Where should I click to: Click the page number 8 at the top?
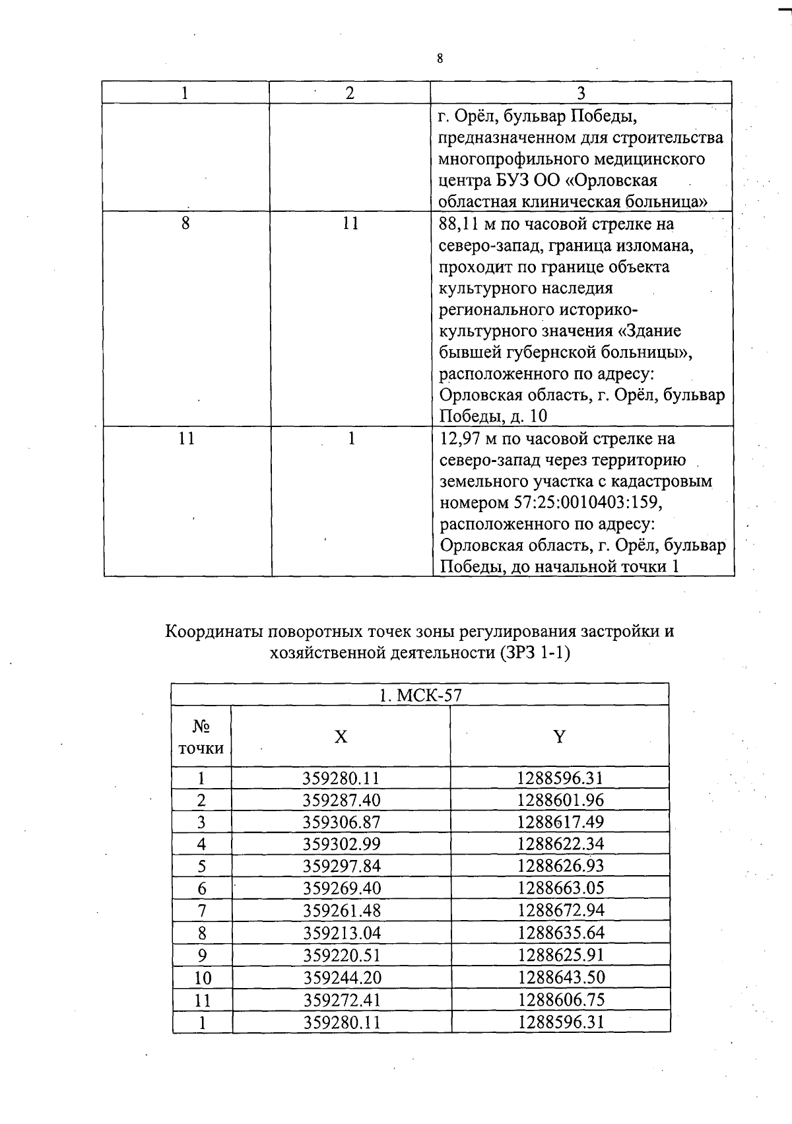coord(440,59)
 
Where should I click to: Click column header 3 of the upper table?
coord(581,93)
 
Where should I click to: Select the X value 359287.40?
coord(341,801)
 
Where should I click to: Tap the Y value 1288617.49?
coord(560,822)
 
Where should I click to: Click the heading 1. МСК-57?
coord(420,696)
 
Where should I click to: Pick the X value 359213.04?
coord(341,933)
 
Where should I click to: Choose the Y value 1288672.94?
coord(560,911)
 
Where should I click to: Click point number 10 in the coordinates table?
coord(202,978)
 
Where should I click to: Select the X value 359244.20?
coord(341,977)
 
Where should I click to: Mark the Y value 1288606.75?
coord(560,1000)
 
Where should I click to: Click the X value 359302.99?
coord(341,844)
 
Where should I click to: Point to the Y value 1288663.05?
coord(560,888)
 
